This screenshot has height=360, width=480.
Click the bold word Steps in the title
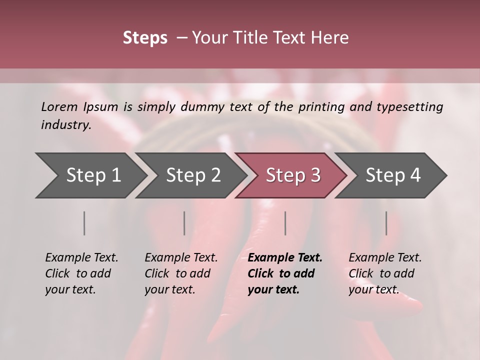point(145,38)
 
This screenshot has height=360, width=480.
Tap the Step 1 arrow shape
point(90,175)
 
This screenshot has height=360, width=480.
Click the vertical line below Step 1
point(84,223)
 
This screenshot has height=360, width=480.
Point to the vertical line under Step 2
point(184,223)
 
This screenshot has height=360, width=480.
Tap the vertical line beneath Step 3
point(285,223)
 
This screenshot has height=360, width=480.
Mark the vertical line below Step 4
point(386,223)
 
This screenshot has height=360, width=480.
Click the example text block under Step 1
point(81,273)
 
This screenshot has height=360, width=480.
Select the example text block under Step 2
point(181,273)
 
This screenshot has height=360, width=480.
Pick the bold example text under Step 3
point(285,273)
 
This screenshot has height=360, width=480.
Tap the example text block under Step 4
point(385,273)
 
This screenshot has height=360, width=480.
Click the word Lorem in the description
point(59,106)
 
